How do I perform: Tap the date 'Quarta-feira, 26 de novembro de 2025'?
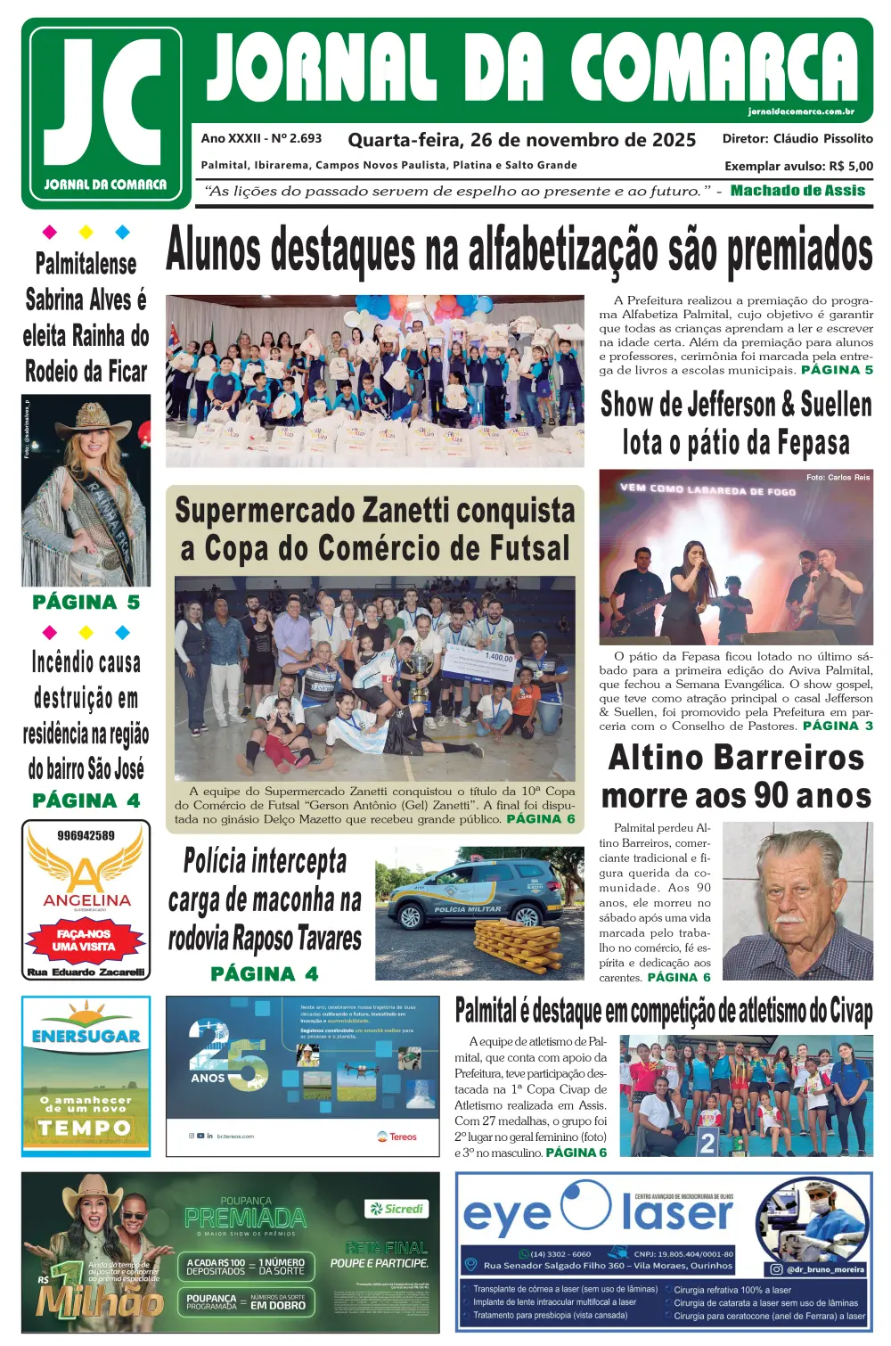521,140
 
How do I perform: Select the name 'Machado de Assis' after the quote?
797,191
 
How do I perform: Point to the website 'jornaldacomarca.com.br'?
801,111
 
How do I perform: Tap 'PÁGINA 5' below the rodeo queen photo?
86,603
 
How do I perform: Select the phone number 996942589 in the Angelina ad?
86,835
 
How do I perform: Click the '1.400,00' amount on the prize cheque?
499,657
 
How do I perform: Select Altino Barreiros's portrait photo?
797,900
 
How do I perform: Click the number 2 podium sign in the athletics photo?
707,1142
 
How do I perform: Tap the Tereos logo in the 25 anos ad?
397,1137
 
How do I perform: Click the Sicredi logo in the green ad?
397,1209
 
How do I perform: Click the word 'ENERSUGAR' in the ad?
86,1037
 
